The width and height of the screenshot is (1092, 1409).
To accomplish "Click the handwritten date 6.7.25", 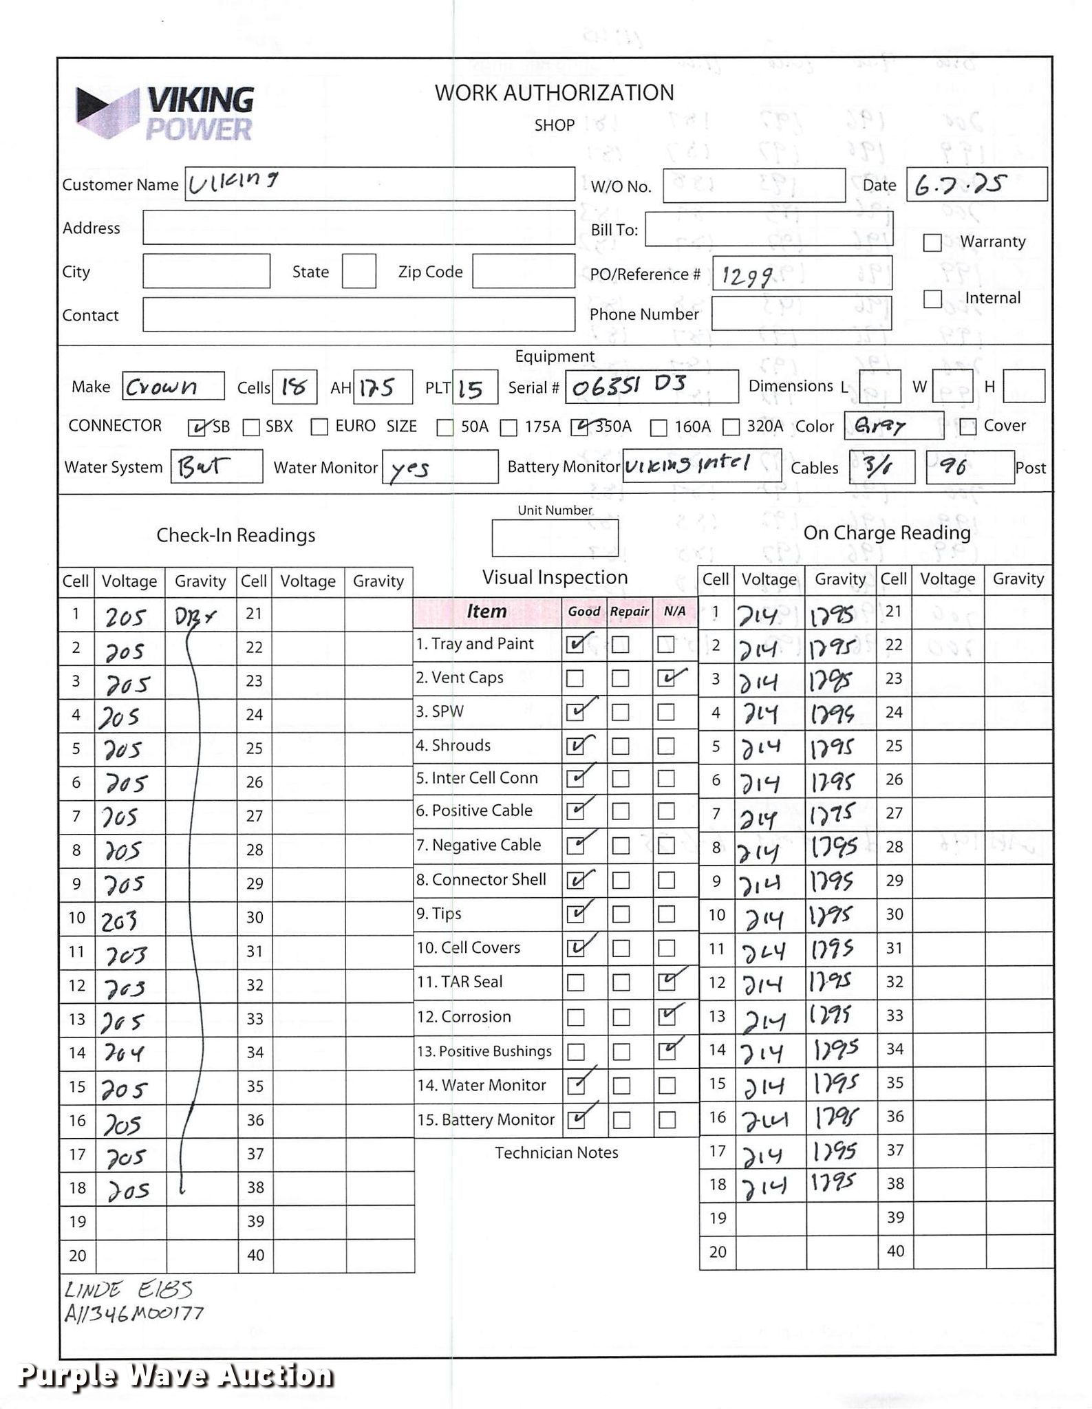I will point(960,184).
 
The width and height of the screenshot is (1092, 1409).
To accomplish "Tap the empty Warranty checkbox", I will point(932,243).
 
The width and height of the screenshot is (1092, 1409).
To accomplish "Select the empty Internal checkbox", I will point(932,299).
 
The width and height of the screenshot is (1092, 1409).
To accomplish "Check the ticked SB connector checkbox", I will point(197,428).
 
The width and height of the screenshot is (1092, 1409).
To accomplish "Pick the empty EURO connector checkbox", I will point(319,427).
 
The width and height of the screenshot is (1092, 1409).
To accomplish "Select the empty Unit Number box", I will point(555,538).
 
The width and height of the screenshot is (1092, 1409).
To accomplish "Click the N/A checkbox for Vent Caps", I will point(666,679).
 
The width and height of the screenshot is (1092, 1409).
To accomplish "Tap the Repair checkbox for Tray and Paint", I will point(620,645).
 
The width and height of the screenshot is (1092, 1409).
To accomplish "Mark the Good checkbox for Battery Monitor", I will point(576,1119).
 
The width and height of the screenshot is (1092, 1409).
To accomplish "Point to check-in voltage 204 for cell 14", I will point(124,1053).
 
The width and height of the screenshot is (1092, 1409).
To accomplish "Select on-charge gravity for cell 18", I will point(833,1183).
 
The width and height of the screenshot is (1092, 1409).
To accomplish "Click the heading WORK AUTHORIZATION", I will point(554,93).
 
